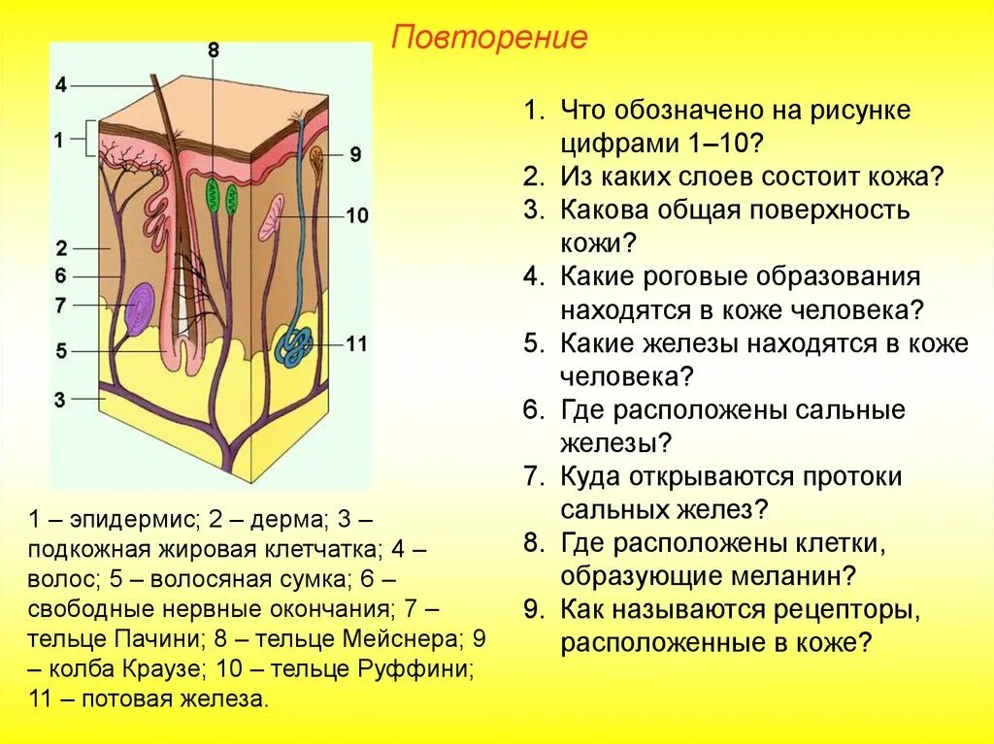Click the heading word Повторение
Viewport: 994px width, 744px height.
coord(490,38)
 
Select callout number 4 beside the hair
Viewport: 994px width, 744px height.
coord(61,84)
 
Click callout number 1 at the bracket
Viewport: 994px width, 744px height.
coord(58,140)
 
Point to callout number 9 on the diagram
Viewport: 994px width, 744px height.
coord(354,153)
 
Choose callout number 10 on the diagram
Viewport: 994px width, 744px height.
coord(357,215)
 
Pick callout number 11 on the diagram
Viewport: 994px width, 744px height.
coord(357,343)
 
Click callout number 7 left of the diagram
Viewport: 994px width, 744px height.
coord(60,306)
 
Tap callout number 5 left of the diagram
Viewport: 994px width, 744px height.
coord(61,351)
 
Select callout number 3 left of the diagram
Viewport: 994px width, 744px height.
coord(60,399)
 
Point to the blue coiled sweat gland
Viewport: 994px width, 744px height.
coord(292,343)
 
